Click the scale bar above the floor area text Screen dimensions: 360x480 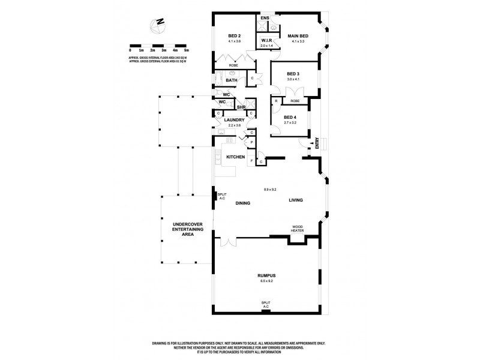(x=158, y=46)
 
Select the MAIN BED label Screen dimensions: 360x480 (x=298, y=36)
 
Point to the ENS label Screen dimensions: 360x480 (x=265, y=19)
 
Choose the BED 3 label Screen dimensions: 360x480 (x=293, y=74)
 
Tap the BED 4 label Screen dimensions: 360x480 (x=290, y=117)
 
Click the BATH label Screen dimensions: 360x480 (x=232, y=80)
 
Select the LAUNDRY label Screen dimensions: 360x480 (x=233, y=120)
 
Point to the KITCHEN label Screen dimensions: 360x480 (x=235, y=157)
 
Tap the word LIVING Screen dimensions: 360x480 (x=295, y=200)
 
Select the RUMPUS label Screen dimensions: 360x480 (x=266, y=275)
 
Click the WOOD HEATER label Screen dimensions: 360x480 (x=297, y=229)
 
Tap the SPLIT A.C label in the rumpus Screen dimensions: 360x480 (x=266, y=304)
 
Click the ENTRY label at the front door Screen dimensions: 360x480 (x=317, y=143)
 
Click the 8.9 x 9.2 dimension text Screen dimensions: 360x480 (x=270, y=190)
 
